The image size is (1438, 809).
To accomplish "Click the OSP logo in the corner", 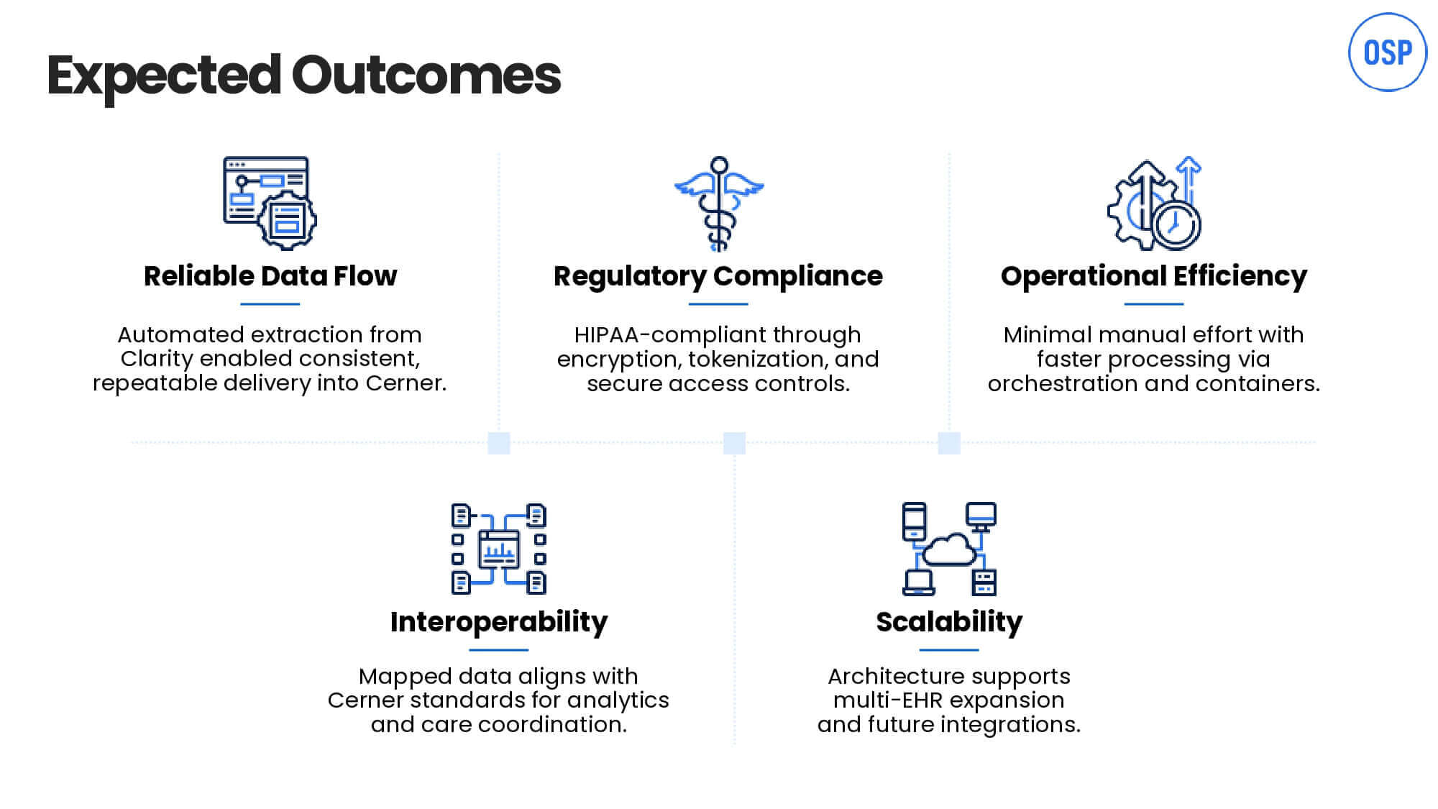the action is [1387, 52].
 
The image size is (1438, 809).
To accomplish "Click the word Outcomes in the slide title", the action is [426, 75].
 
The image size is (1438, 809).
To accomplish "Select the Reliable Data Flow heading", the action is [270, 276].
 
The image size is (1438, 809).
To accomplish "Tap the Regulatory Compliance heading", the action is [718, 277].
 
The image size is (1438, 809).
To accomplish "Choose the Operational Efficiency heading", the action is [1154, 277].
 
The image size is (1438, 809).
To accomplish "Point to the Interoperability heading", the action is [499, 622].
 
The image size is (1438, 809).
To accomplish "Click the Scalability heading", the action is [949, 622].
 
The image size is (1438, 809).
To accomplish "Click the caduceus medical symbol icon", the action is [719, 204].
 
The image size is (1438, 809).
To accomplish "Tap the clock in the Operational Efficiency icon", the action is [1176, 224].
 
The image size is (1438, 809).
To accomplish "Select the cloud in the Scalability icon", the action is [949, 549].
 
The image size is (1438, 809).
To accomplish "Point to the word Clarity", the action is [157, 360].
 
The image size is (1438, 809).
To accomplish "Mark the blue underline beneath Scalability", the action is [949, 650].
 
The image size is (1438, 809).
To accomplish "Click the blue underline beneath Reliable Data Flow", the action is [270, 304].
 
